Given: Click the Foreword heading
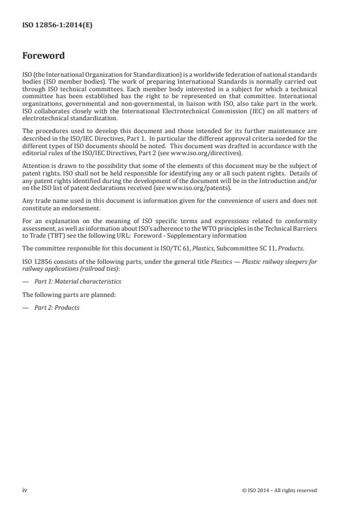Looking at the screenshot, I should coord(43,56).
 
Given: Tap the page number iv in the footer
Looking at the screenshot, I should coord(25,490).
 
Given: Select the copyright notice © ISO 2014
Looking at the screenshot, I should coord(279,490).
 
